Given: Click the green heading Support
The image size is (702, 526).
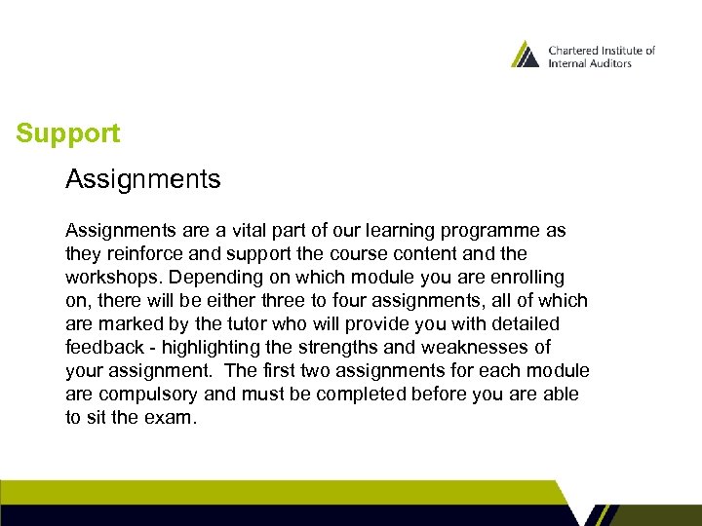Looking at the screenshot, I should (x=68, y=133).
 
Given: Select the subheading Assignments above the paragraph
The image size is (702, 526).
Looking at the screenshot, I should (x=142, y=179).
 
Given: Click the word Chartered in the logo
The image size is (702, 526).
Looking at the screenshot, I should (x=576, y=51).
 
